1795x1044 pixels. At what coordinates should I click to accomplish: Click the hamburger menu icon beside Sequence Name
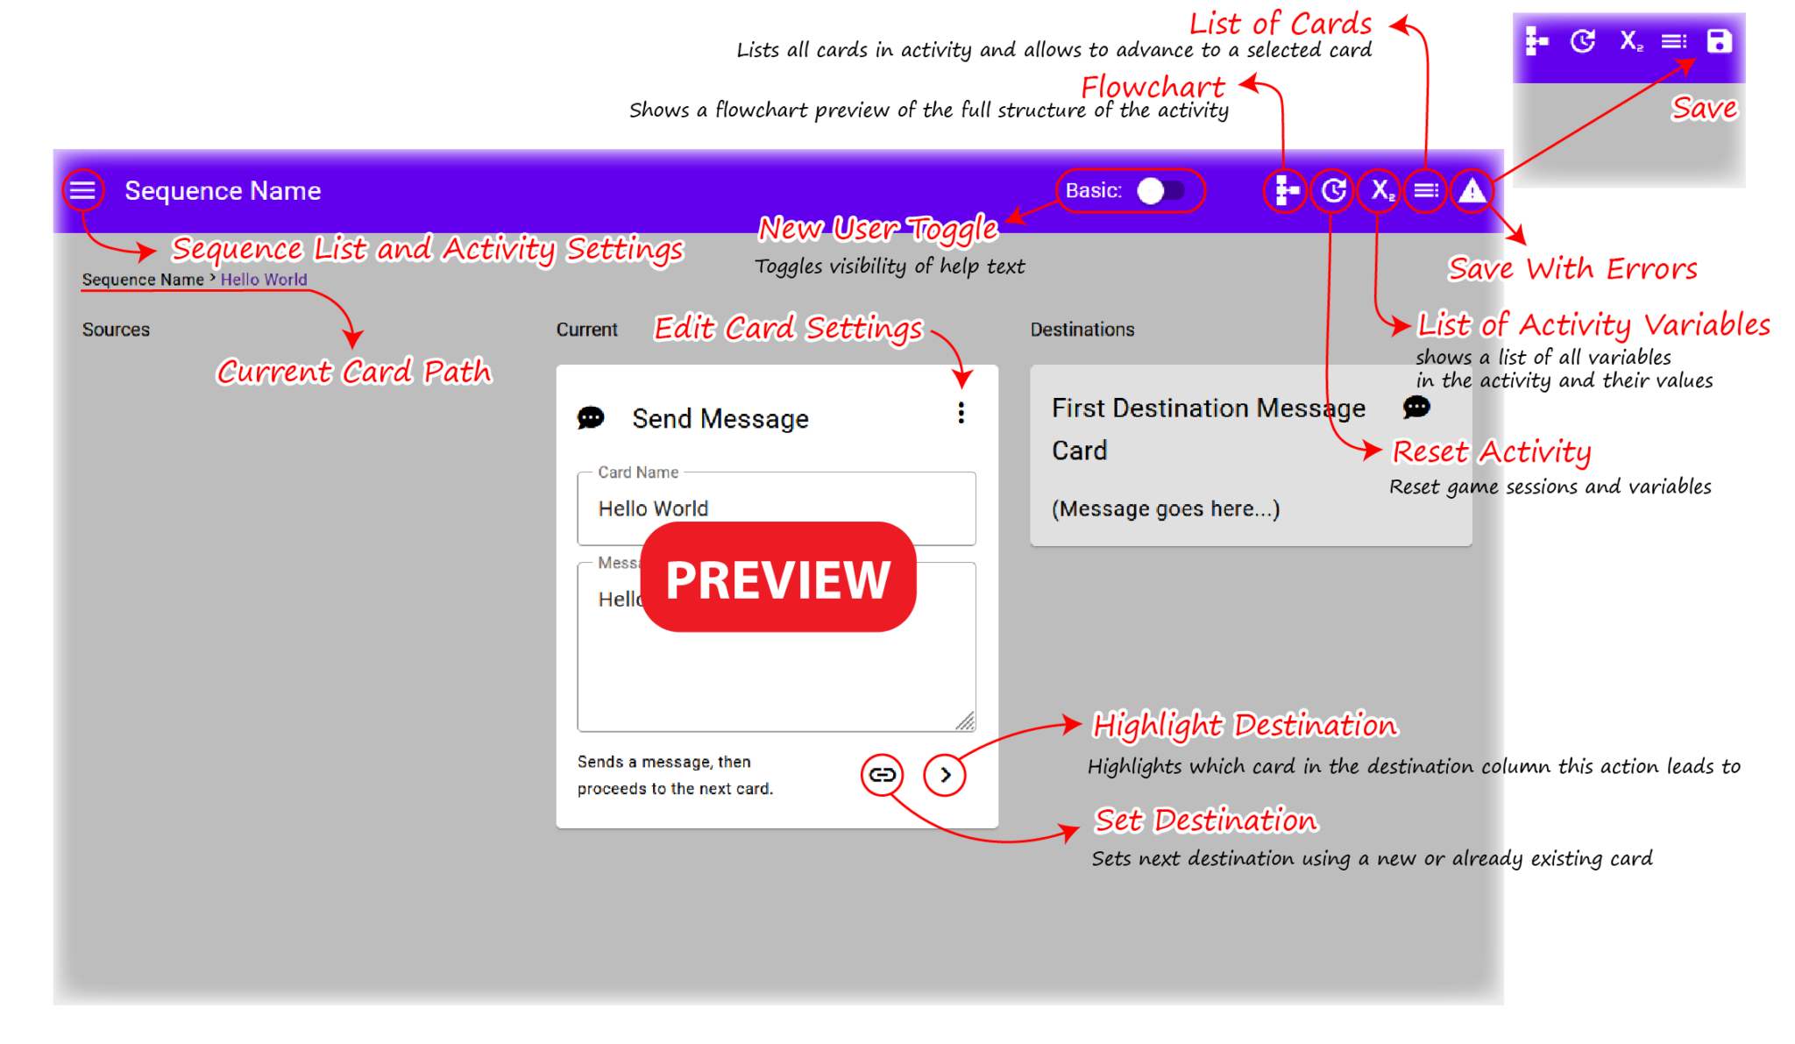[x=83, y=190]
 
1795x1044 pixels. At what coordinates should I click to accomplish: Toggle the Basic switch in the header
[x=1160, y=191]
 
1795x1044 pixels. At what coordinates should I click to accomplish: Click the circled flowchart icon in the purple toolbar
[x=1286, y=190]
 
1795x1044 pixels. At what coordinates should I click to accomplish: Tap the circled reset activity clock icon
[x=1333, y=190]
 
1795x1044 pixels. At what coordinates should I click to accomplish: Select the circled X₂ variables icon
[x=1380, y=190]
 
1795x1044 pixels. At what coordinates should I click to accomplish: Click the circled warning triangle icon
[x=1472, y=190]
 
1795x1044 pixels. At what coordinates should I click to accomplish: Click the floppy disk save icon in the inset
[x=1719, y=41]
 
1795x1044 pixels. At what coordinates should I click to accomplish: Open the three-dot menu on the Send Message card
[x=961, y=413]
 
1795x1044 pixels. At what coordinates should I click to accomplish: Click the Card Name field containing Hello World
[x=776, y=508]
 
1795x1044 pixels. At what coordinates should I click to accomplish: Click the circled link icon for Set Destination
[x=882, y=775]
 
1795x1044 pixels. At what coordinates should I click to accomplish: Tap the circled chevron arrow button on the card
[x=945, y=775]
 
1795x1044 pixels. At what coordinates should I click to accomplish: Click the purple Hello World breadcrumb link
[x=264, y=280]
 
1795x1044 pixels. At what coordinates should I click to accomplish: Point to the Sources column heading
[x=116, y=330]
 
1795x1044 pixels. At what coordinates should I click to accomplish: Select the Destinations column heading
[x=1082, y=330]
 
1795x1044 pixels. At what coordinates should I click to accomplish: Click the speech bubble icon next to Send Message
[x=591, y=418]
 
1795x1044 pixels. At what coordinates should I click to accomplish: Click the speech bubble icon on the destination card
[x=1416, y=407]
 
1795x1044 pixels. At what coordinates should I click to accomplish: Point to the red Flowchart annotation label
[x=1153, y=87]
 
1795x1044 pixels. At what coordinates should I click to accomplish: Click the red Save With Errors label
[x=1572, y=268]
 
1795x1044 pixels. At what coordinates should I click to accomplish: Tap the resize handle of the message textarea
[x=965, y=721]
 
